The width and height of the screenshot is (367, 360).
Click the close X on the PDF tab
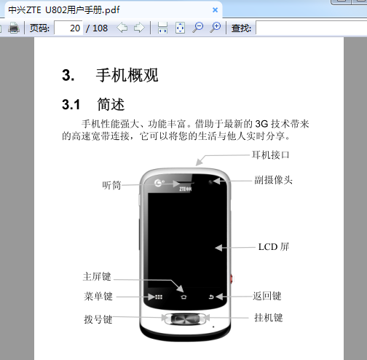click(x=215, y=10)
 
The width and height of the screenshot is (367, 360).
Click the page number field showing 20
click(x=68, y=28)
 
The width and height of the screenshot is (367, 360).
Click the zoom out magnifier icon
click(x=198, y=28)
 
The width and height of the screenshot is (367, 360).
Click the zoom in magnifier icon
click(x=216, y=28)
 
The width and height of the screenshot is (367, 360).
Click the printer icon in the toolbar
click(x=14, y=28)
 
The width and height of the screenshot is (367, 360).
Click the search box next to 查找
click(x=312, y=28)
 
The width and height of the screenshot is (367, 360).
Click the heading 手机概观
click(x=127, y=75)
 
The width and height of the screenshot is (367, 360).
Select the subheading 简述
click(x=111, y=104)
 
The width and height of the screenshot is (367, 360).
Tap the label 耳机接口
click(x=270, y=155)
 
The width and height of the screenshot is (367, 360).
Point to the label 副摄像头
click(x=273, y=180)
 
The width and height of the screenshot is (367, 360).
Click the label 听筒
click(x=111, y=185)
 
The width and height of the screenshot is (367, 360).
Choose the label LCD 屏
click(x=274, y=247)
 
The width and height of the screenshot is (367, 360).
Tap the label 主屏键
click(x=97, y=276)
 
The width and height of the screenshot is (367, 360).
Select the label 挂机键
click(x=269, y=318)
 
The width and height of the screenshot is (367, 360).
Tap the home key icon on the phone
click(x=183, y=297)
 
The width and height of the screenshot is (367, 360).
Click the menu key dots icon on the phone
click(x=159, y=297)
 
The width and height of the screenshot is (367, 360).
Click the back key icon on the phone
click(x=211, y=297)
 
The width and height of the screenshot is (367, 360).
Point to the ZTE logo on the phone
click(x=186, y=189)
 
